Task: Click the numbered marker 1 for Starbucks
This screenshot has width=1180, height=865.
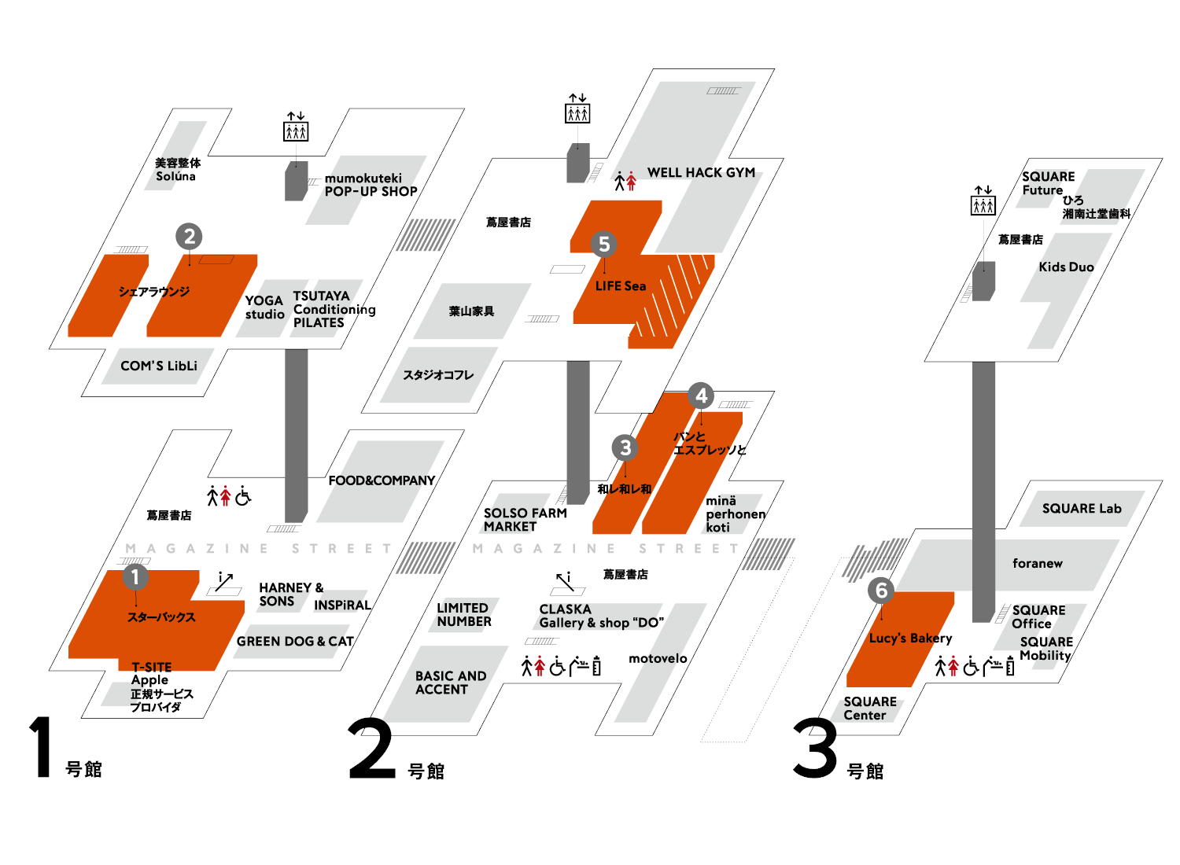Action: point(135,576)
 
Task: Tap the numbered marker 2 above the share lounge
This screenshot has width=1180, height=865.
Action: point(189,236)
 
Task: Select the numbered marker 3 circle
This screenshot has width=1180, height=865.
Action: point(625,447)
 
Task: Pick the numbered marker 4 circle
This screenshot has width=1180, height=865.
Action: point(701,396)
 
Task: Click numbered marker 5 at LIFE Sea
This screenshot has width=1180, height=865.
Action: point(604,244)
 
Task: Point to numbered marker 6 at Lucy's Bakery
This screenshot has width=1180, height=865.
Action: point(881,590)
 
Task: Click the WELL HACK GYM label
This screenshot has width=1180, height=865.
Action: point(701,172)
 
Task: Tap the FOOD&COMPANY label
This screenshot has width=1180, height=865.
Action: point(382,480)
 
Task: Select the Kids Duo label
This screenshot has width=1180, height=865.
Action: point(1066,267)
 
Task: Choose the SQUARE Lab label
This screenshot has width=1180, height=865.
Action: point(1082,509)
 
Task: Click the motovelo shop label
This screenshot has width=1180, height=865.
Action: point(658,658)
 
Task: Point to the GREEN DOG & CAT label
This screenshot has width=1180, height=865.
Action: point(295,642)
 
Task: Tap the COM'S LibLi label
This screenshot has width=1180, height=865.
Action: point(159,366)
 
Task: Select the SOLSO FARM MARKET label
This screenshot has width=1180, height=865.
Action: point(525,520)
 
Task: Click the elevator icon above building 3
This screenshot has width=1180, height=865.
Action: point(983,201)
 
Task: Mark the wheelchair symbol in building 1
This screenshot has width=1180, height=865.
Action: point(243,496)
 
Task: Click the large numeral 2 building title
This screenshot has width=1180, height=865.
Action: point(371,750)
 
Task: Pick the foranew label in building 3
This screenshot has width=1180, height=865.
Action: point(1037,563)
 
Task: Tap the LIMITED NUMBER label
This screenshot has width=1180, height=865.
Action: point(464,615)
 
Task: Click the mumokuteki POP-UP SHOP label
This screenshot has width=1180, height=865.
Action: point(371,185)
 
